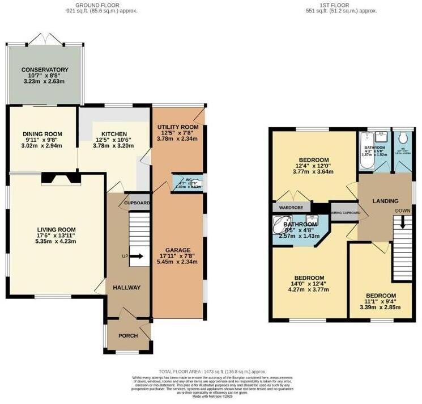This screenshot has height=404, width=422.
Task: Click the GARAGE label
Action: (x=177, y=250)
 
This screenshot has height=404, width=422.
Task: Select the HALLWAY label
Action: (x=127, y=288)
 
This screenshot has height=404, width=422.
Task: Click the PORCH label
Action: (x=128, y=335)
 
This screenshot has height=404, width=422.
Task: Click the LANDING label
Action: (x=385, y=201)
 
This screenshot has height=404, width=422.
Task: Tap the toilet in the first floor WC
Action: (x=403, y=138)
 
